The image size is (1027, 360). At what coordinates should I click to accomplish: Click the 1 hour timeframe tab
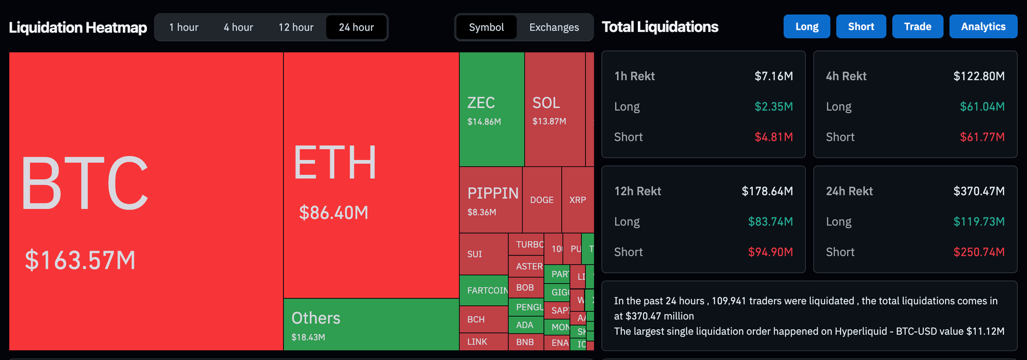coord(184,27)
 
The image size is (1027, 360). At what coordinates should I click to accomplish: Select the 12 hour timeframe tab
coord(296,27)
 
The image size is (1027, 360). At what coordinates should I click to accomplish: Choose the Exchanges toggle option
coord(554,27)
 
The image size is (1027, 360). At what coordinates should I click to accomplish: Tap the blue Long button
coord(807,27)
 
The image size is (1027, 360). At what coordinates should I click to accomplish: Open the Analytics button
coord(983,27)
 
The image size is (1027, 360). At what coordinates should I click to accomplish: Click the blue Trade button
coord(917,27)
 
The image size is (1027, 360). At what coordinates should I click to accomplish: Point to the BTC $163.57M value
coord(80,260)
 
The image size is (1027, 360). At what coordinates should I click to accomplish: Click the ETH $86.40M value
coord(334,213)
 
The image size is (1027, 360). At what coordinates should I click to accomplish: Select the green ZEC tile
coord(491,109)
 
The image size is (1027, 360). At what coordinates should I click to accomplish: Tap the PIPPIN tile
coord(490,200)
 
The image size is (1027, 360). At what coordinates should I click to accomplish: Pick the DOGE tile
coord(542,200)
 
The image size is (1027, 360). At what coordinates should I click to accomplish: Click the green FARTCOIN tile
coord(484,290)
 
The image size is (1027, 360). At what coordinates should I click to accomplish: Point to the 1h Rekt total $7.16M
coord(773,76)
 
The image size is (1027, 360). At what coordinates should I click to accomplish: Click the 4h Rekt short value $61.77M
coord(982,137)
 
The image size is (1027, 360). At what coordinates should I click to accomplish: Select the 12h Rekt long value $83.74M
coord(770,221)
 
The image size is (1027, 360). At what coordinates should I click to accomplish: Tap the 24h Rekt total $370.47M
coord(979,191)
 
